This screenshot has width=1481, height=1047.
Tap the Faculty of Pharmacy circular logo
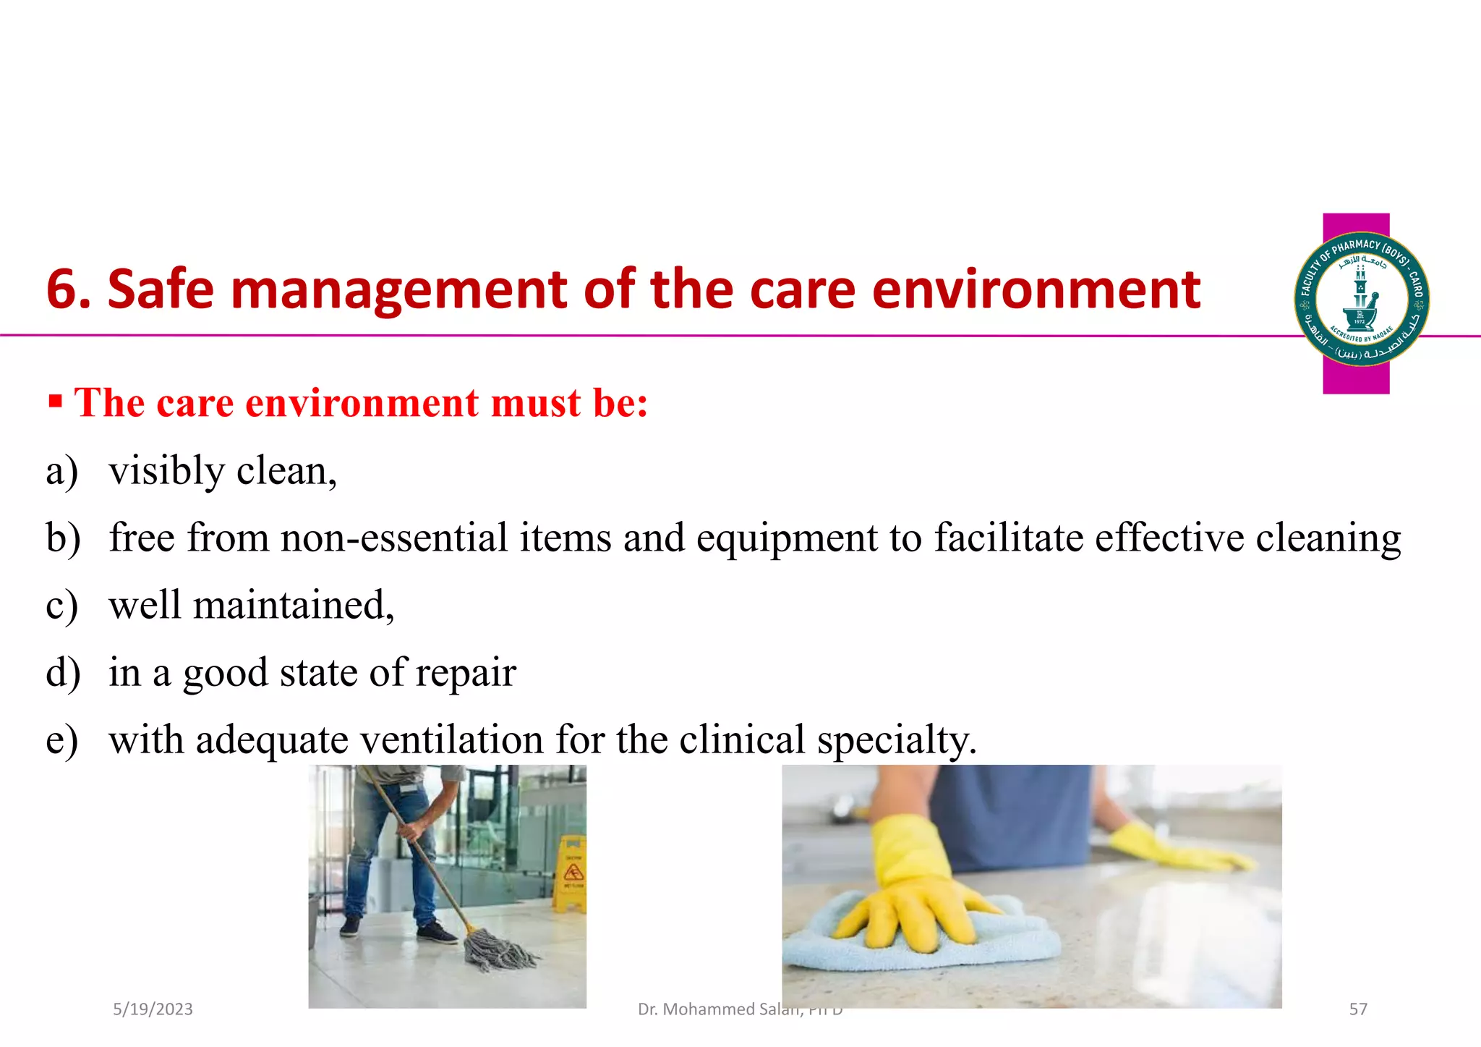coord(1361,299)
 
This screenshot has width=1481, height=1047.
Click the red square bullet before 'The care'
coord(55,400)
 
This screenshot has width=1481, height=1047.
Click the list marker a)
coord(61,472)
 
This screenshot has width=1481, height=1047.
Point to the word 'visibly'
coord(167,472)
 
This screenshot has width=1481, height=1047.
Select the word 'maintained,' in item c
coord(294,606)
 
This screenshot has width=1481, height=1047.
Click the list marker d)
coord(63,673)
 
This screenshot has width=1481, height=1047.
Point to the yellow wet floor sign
coord(571,872)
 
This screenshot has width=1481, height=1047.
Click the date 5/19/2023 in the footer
coord(153,1009)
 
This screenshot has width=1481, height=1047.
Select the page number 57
coord(1358,1009)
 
